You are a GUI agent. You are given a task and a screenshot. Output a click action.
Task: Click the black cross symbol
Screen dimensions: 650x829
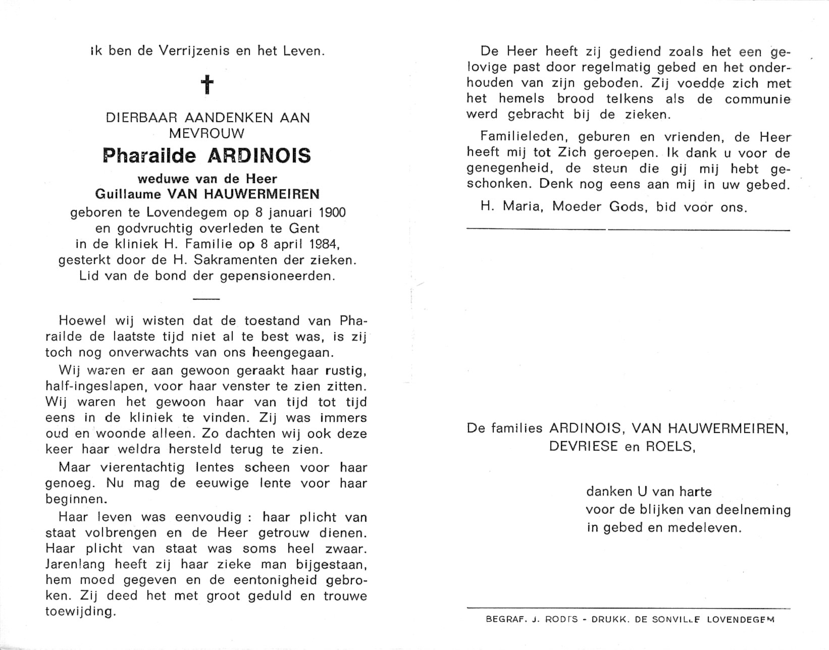pyautogui.click(x=208, y=85)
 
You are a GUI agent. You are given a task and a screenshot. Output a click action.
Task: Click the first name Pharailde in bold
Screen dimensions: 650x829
pyautogui.click(x=149, y=155)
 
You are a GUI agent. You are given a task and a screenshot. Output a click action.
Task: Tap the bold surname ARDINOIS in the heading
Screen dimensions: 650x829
pyautogui.click(x=259, y=155)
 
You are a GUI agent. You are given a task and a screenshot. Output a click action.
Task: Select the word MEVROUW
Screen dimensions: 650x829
pyautogui.click(x=207, y=133)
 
